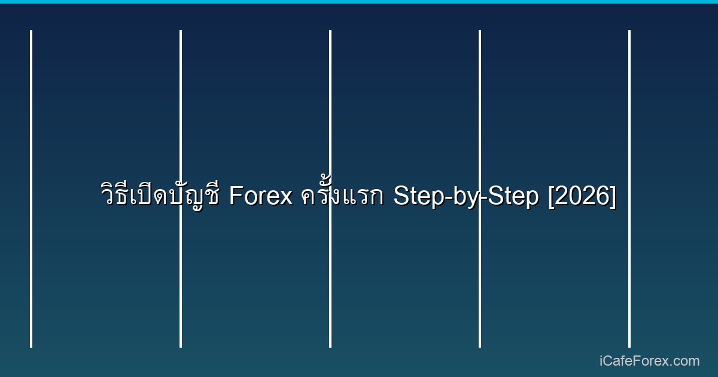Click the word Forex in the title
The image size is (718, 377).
click(x=261, y=196)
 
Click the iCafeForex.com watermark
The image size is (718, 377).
click(x=649, y=361)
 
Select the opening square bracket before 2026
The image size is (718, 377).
click(x=551, y=196)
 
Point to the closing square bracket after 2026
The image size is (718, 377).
click(x=613, y=196)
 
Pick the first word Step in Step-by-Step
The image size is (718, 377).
click(x=415, y=196)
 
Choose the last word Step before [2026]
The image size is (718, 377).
click(x=515, y=196)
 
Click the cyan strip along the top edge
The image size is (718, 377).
click(x=359, y=2)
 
